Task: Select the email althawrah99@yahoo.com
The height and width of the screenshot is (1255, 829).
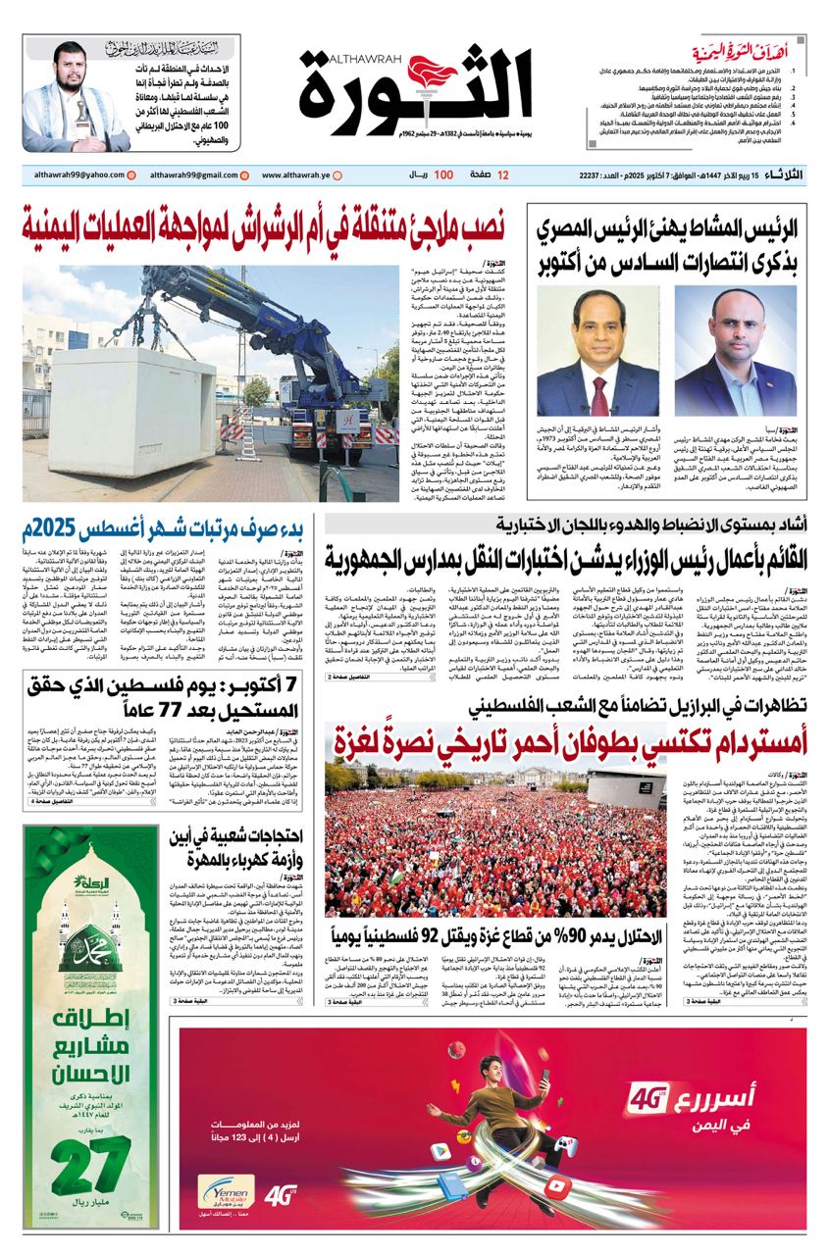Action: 68,176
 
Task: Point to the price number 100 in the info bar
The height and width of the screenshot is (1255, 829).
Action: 443,176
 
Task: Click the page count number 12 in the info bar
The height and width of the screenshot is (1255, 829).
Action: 503,176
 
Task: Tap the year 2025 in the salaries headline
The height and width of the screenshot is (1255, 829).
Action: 49,531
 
